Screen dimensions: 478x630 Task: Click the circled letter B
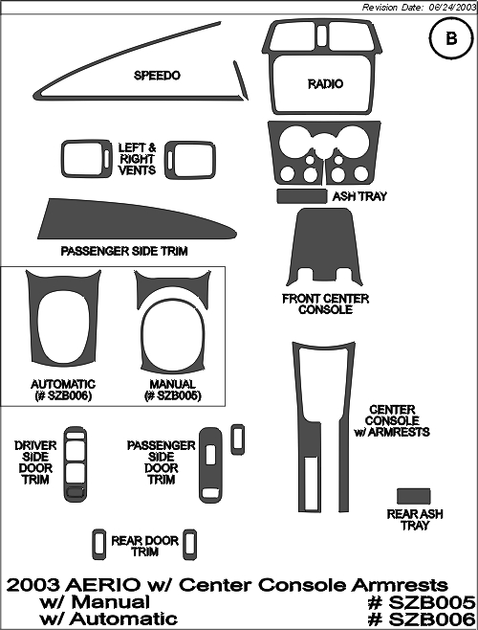(x=451, y=38)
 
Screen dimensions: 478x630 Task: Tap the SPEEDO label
(x=157, y=75)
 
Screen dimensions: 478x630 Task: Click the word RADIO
(x=325, y=84)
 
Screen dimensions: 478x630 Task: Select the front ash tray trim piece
(x=302, y=196)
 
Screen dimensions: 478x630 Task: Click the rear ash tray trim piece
(x=413, y=496)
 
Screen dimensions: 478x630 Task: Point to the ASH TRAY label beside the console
(x=359, y=196)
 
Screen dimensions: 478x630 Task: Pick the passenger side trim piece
(x=137, y=220)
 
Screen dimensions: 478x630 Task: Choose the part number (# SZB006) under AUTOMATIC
(x=63, y=395)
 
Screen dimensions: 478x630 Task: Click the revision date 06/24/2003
(x=452, y=8)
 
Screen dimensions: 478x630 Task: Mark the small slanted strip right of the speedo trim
(x=241, y=80)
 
